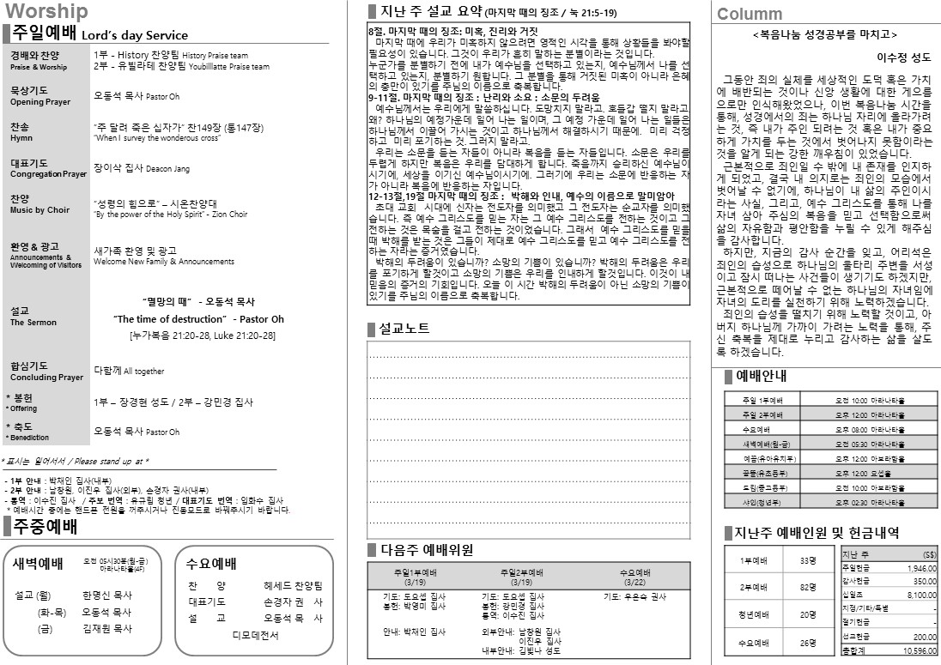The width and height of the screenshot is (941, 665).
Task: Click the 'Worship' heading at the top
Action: (x=46, y=11)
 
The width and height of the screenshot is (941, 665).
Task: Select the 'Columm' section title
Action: (x=750, y=14)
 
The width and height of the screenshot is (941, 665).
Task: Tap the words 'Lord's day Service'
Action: (x=134, y=36)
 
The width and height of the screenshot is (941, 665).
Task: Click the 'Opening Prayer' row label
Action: (x=39, y=102)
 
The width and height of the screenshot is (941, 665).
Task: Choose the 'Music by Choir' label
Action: (x=39, y=210)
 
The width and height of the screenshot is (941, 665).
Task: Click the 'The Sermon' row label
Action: (x=33, y=323)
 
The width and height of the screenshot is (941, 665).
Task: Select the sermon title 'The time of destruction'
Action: (x=198, y=319)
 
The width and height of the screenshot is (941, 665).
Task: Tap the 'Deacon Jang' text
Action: (x=168, y=169)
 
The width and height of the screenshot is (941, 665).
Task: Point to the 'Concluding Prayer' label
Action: (x=46, y=378)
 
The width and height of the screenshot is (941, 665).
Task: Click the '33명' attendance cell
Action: (x=807, y=560)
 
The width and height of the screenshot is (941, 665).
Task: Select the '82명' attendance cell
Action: (x=807, y=588)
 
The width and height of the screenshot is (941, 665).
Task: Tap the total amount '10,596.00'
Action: (x=918, y=651)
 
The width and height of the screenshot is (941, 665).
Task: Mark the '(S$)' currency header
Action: (x=929, y=554)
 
